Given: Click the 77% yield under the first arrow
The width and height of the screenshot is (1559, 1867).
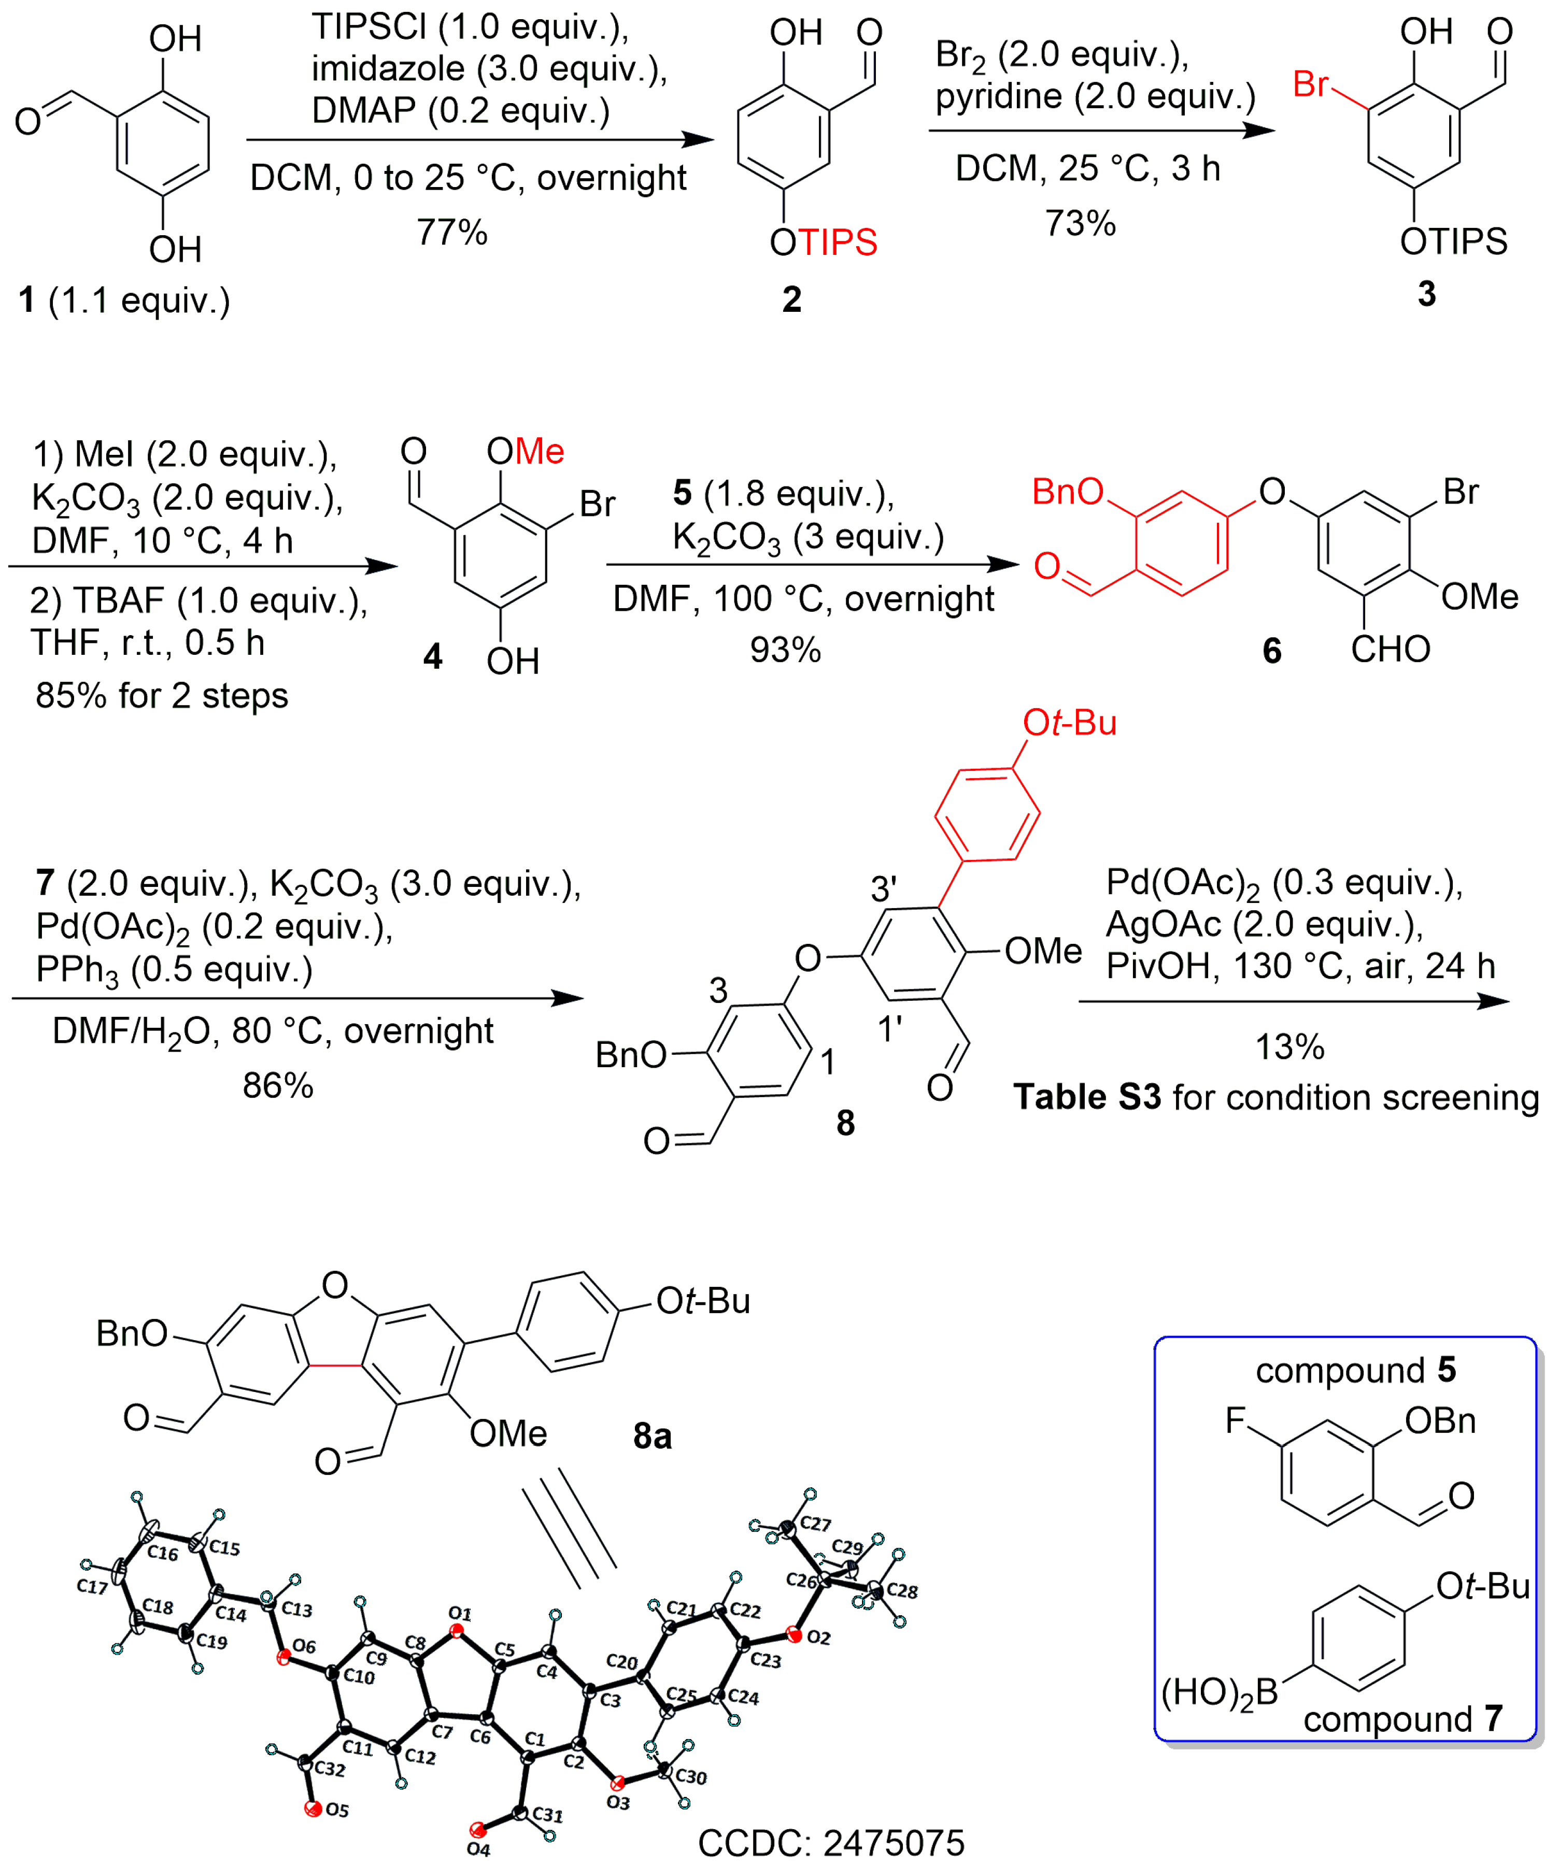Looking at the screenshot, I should point(452,233).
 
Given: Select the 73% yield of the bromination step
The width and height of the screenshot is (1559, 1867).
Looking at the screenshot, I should point(1080,223).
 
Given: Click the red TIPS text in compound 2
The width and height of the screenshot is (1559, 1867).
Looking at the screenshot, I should point(838,243).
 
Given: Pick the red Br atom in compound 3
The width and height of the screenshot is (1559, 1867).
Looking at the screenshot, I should point(1310,84).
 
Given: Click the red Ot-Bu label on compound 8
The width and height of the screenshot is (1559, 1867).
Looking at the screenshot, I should point(1069,723).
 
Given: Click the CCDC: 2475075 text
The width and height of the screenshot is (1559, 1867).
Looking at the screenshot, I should point(831,1843).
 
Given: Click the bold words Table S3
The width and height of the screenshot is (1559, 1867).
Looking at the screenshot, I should point(1087,1098).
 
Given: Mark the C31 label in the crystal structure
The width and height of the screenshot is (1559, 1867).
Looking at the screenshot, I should point(548,1815).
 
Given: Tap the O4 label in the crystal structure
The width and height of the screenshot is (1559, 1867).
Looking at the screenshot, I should point(478,1850).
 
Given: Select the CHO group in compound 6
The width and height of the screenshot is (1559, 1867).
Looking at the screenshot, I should point(1390,650).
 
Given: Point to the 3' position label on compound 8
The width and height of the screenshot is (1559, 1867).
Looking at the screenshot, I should point(883,888).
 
